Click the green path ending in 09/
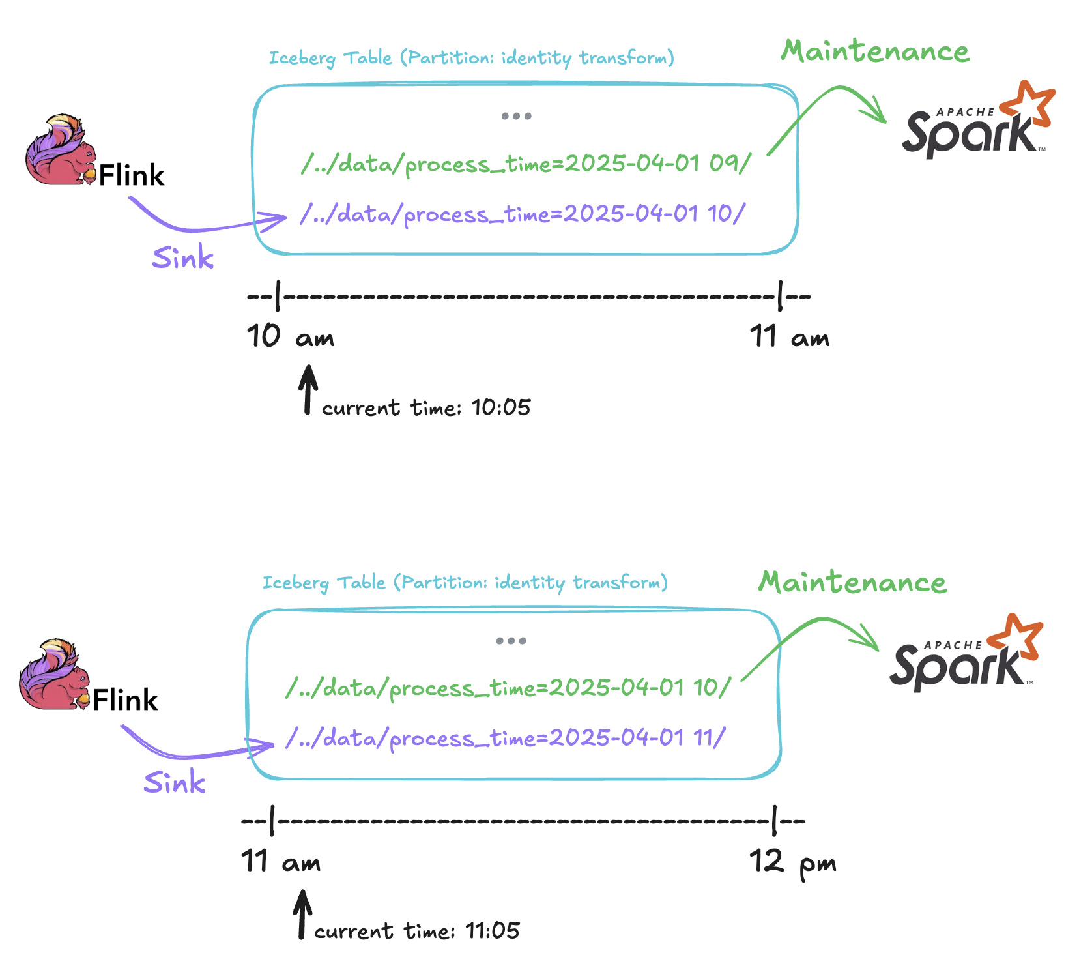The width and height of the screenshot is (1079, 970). [x=526, y=164]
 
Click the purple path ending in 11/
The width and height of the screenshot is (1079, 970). [x=505, y=739]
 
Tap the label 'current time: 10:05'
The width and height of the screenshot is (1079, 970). [x=426, y=407]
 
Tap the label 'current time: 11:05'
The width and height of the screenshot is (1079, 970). [x=417, y=930]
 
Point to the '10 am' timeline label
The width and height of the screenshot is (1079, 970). [x=291, y=336]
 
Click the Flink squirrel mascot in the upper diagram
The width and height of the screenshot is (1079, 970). [x=61, y=150]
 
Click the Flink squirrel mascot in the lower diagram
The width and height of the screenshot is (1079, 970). [x=54, y=675]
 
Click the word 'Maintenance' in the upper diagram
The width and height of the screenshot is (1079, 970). [x=875, y=51]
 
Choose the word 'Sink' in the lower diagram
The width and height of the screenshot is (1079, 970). [x=175, y=782]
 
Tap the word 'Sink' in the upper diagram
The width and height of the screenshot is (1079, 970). [x=183, y=257]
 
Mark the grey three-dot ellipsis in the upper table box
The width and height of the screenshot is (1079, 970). [x=516, y=116]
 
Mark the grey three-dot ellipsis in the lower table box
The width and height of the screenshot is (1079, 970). [x=511, y=641]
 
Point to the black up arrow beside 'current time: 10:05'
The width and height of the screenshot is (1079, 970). [x=308, y=390]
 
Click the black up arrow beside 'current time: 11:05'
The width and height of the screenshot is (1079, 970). [x=302, y=915]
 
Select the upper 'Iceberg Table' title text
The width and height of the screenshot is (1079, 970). [x=472, y=58]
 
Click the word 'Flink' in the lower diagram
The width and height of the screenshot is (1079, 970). [x=125, y=700]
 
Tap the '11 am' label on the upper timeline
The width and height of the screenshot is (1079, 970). [x=790, y=337]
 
